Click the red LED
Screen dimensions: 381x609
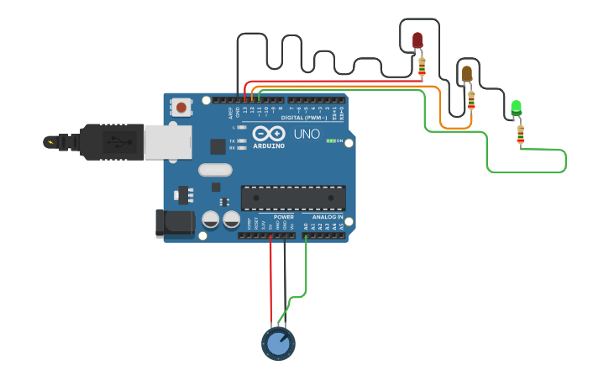417,40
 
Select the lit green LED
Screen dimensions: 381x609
516,107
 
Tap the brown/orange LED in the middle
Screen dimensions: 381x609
467,74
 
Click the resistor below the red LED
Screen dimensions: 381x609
422,65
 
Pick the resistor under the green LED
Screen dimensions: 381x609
521,134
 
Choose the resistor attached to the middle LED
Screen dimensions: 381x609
471,100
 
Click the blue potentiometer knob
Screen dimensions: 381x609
278,343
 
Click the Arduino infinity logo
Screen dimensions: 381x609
263,134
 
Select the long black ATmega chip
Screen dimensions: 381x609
292,198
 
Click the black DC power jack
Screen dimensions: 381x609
175,224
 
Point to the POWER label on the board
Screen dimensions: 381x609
284,217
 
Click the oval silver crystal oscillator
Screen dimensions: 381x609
214,169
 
